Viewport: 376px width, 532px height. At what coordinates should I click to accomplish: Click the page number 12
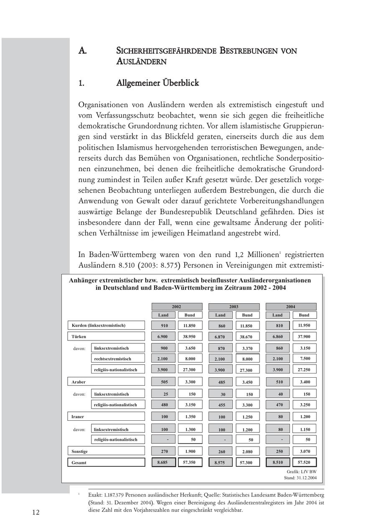coord(36,512)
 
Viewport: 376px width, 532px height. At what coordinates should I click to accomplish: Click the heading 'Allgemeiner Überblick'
coord(158,83)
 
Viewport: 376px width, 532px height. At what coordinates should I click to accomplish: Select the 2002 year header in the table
coord(176,307)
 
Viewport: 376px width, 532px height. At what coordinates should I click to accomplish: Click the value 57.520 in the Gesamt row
coord(304,462)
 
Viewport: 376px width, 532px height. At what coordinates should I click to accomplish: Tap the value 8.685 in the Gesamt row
coord(163,462)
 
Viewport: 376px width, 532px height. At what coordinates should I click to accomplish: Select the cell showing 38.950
coord(190,336)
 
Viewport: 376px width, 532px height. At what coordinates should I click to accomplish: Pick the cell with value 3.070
coord(304,451)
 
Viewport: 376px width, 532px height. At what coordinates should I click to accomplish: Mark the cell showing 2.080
coord(247,452)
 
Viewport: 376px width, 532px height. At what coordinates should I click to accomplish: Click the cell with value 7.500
coord(304,358)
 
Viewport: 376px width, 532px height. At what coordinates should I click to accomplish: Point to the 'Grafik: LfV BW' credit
coord(302,471)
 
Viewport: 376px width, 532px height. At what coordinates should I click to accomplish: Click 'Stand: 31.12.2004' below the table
coord(300,478)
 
